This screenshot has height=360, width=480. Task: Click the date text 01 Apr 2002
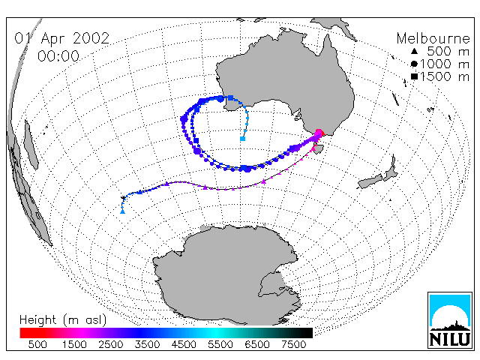click(61, 38)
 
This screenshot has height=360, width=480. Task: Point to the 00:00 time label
click(58, 56)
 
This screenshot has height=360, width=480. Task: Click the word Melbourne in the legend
click(433, 38)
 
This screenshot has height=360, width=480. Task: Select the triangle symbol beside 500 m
click(414, 51)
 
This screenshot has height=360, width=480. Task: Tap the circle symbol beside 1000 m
click(414, 64)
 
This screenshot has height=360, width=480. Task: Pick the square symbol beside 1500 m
click(414, 76)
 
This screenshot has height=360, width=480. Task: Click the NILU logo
click(450, 320)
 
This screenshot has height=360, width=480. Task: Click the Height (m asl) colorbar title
click(63, 320)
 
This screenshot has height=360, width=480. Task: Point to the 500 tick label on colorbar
click(37, 344)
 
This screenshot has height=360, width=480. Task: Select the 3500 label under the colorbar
click(147, 344)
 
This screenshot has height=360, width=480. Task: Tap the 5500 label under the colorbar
click(220, 344)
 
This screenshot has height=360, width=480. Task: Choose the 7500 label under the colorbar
click(293, 344)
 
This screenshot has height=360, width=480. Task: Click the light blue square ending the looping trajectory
click(242, 139)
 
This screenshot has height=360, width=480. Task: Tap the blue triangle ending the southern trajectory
click(122, 211)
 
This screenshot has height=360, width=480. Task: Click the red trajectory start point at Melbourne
click(319, 133)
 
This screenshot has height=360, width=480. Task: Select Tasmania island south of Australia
click(319, 149)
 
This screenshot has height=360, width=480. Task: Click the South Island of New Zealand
click(370, 181)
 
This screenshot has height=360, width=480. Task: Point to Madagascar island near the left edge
click(31, 145)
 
